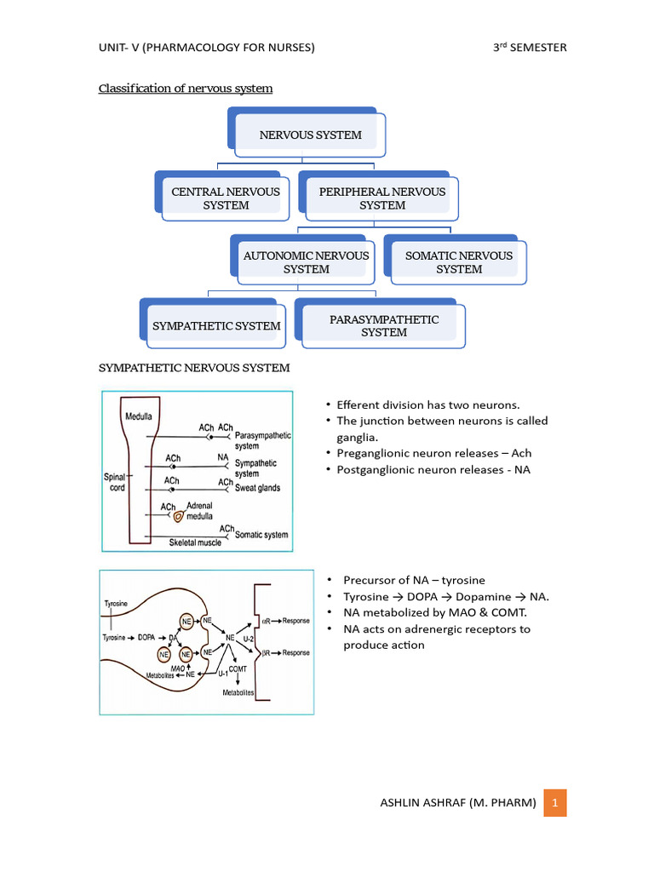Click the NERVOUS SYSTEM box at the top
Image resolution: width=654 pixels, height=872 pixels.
(x=310, y=135)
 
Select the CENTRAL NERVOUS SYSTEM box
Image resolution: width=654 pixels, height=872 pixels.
(x=226, y=198)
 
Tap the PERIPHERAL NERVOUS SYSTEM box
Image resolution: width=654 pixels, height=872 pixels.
(x=382, y=198)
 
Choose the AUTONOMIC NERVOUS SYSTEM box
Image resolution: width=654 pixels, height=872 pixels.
(x=306, y=262)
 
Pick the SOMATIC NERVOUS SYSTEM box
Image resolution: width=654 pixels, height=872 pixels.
(x=459, y=262)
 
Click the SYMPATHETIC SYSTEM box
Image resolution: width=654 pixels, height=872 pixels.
(x=216, y=325)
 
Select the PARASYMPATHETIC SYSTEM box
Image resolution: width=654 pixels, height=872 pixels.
(x=384, y=325)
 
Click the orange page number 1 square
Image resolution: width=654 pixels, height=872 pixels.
(x=554, y=802)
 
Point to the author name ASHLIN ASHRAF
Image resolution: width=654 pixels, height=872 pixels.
(x=456, y=803)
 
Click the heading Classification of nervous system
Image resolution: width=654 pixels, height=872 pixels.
(x=186, y=89)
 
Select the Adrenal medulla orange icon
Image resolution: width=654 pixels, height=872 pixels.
(x=177, y=515)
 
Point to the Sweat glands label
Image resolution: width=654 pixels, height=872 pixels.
(x=257, y=488)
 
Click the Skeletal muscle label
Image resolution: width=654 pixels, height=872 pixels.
(x=195, y=542)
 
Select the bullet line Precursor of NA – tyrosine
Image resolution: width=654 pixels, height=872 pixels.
(x=414, y=580)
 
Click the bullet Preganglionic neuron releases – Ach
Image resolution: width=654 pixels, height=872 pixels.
(x=433, y=453)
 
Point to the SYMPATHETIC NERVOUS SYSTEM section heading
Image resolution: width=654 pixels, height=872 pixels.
(x=195, y=368)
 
